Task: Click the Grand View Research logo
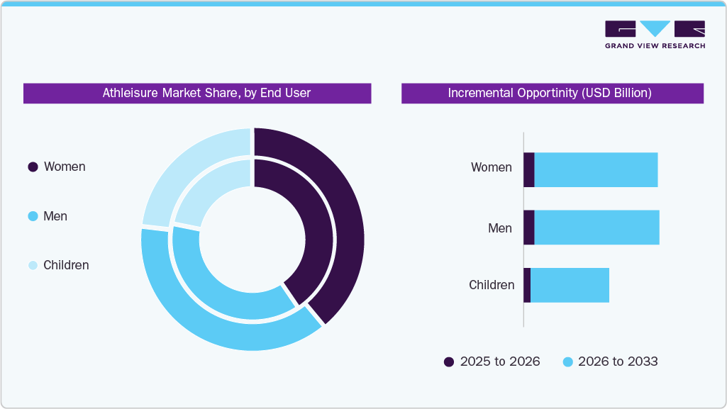[654, 35]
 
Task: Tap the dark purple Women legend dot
[33, 167]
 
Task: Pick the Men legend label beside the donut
[55, 216]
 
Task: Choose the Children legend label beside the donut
[66, 265]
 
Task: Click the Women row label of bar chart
[491, 167]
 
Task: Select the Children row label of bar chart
[492, 285]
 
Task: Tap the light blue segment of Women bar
[596, 170]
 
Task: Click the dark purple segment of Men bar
[528, 228]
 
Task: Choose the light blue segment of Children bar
[570, 285]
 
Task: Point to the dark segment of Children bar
[527, 285]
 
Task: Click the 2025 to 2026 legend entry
[492, 362]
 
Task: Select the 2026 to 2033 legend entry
[610, 362]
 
